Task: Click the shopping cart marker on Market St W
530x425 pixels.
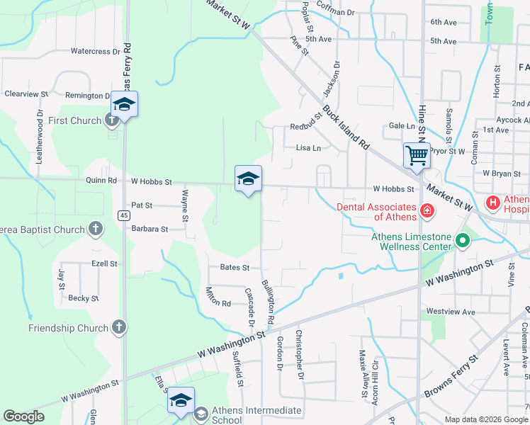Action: click(417, 154)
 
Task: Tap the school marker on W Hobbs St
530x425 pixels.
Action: click(248, 178)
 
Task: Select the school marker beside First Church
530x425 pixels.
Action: click(124, 105)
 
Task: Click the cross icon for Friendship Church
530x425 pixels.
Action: click(119, 328)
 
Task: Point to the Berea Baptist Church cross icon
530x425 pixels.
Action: click(96, 229)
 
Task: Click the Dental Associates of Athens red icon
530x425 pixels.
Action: click(427, 210)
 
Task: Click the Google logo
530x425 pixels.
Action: click(23, 416)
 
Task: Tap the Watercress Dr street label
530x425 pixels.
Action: click(96, 52)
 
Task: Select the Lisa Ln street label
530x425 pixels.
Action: click(308, 148)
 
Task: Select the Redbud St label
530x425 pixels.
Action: click(306, 127)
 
